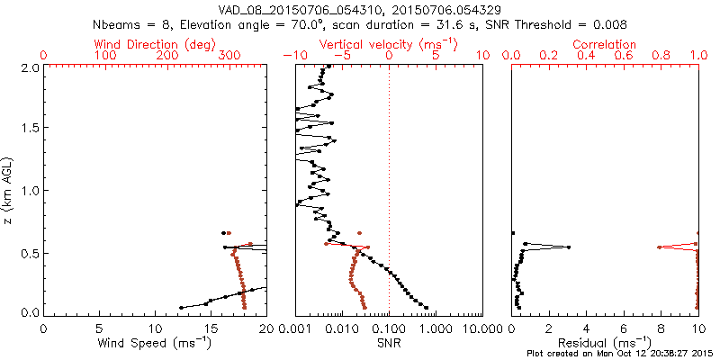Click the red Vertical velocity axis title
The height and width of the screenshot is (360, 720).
tap(388, 44)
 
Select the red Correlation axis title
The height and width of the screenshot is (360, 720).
tap(605, 44)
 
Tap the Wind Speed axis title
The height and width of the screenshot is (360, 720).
tap(155, 343)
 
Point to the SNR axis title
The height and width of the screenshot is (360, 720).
tap(388, 343)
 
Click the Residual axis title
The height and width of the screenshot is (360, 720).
tap(605, 343)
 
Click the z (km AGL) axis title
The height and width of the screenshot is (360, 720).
tap(9, 190)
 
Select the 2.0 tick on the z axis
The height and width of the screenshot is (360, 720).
tap(30, 67)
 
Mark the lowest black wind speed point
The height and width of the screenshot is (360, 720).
tap(181, 308)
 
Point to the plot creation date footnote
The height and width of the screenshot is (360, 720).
tap(622, 354)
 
